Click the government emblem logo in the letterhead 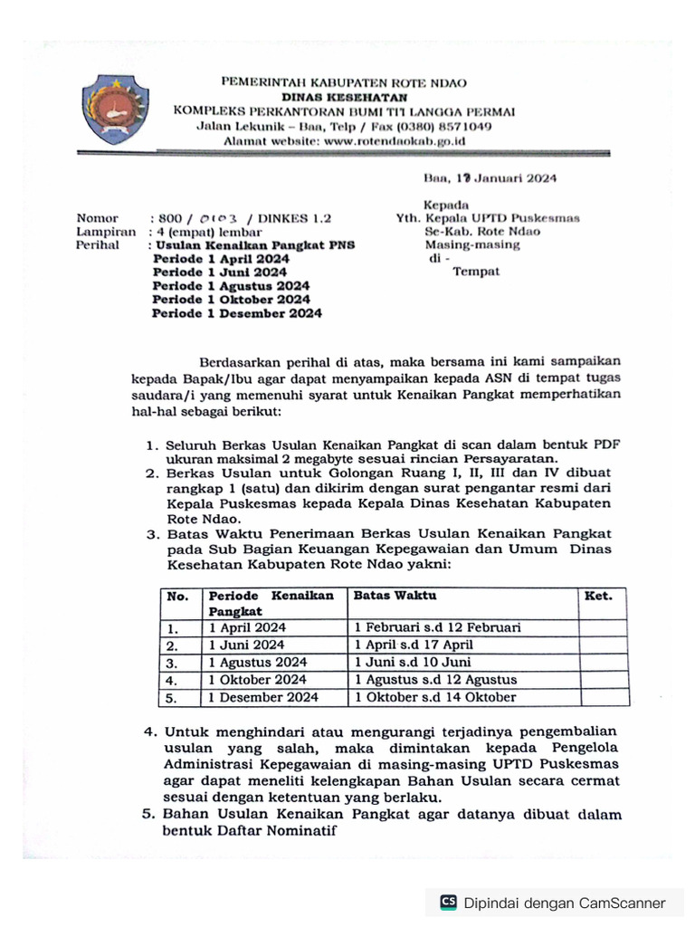pos(113,110)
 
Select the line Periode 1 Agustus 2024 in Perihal pos(231,286)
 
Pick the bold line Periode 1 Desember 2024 pos(236,313)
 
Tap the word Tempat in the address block pos(475,272)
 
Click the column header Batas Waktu pos(395,596)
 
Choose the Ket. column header pos(598,596)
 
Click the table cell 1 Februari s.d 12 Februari pos(437,627)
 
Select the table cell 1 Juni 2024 pos(247,645)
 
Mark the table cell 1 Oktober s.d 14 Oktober pos(434,697)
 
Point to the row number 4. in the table pos(173,680)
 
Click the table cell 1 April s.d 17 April pos(414,645)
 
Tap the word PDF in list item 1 pos(606,444)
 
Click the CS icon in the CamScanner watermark pos(448,903)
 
